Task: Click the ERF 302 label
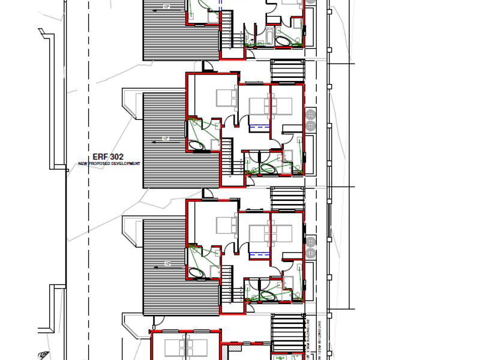[x=109, y=157]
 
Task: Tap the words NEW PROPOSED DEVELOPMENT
[x=109, y=164]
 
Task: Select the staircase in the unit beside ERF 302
[x=227, y=156]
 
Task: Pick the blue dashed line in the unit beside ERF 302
[x=259, y=126]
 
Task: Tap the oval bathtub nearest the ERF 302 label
[x=196, y=145]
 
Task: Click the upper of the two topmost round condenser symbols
[x=310, y=114]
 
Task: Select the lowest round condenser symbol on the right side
[x=310, y=254]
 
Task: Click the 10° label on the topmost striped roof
[x=166, y=7]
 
